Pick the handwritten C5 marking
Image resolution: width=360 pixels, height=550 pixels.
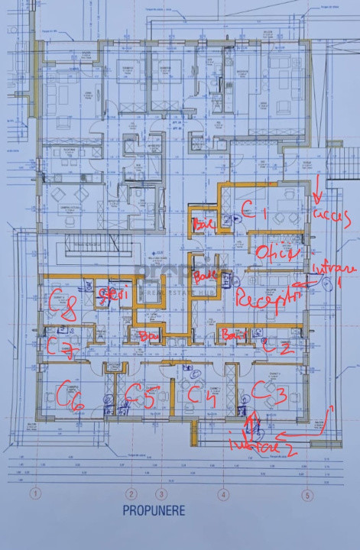[x=141, y=396]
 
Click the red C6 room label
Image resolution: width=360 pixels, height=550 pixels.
[x=63, y=395]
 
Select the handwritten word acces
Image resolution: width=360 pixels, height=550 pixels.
[x=332, y=212]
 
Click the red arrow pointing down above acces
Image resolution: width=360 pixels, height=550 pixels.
[x=316, y=187]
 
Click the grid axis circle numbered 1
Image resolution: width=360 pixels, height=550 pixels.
[x=34, y=493]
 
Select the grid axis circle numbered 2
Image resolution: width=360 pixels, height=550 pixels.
[x=131, y=493]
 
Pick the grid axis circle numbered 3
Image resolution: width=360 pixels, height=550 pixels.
[x=161, y=493]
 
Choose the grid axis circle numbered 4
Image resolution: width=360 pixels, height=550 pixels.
[x=223, y=493]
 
